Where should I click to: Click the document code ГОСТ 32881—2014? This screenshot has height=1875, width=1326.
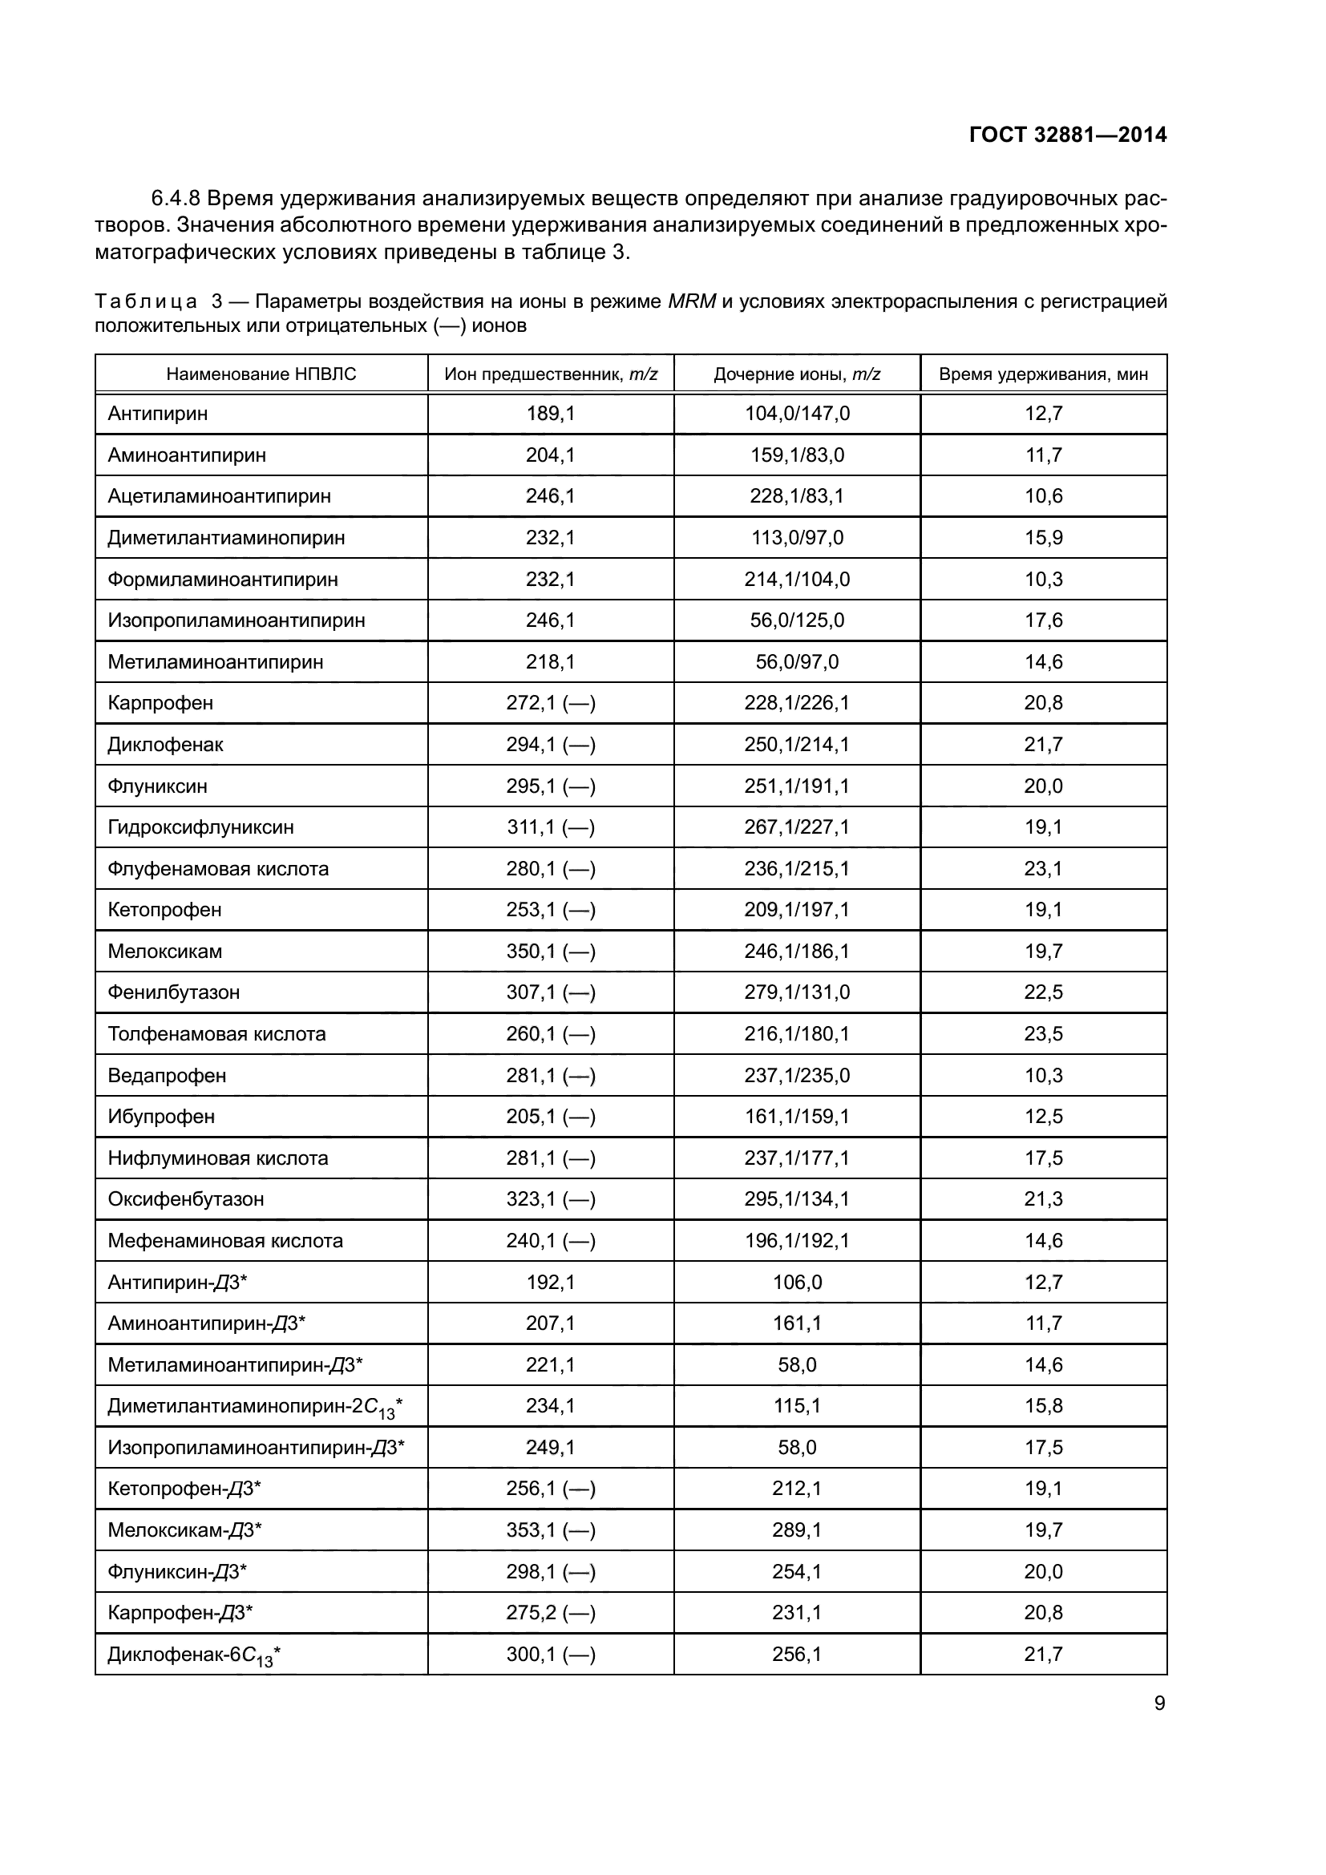coord(1067,135)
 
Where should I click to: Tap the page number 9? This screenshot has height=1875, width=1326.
coord(1159,1703)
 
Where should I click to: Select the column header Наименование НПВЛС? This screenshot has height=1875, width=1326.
coord(261,375)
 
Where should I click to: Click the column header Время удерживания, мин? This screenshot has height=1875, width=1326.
coord(1043,375)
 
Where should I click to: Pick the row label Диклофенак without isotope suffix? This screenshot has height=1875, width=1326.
coord(166,745)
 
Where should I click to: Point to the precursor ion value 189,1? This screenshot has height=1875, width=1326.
coord(550,414)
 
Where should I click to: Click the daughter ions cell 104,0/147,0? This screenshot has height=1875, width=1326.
coord(797,414)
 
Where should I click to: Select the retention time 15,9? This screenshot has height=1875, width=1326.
coord(1044,538)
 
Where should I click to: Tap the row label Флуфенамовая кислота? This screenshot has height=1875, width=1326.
coord(218,869)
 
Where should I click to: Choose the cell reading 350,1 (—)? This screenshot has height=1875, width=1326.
coord(550,952)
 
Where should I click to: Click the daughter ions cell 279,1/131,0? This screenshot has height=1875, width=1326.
coord(797,992)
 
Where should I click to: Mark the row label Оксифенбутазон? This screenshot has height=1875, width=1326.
coord(186,1198)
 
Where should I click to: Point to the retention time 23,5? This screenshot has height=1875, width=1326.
coord(1044,1034)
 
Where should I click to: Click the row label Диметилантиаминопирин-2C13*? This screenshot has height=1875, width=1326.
coord(255,1407)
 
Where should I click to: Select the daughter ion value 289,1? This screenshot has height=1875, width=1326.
coord(797,1529)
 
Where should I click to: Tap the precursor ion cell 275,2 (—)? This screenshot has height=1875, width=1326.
coord(550,1613)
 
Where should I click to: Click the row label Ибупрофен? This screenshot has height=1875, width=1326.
coord(162,1117)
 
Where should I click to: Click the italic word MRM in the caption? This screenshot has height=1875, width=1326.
coord(692,302)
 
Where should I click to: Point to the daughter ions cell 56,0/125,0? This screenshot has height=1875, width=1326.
coord(797,620)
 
